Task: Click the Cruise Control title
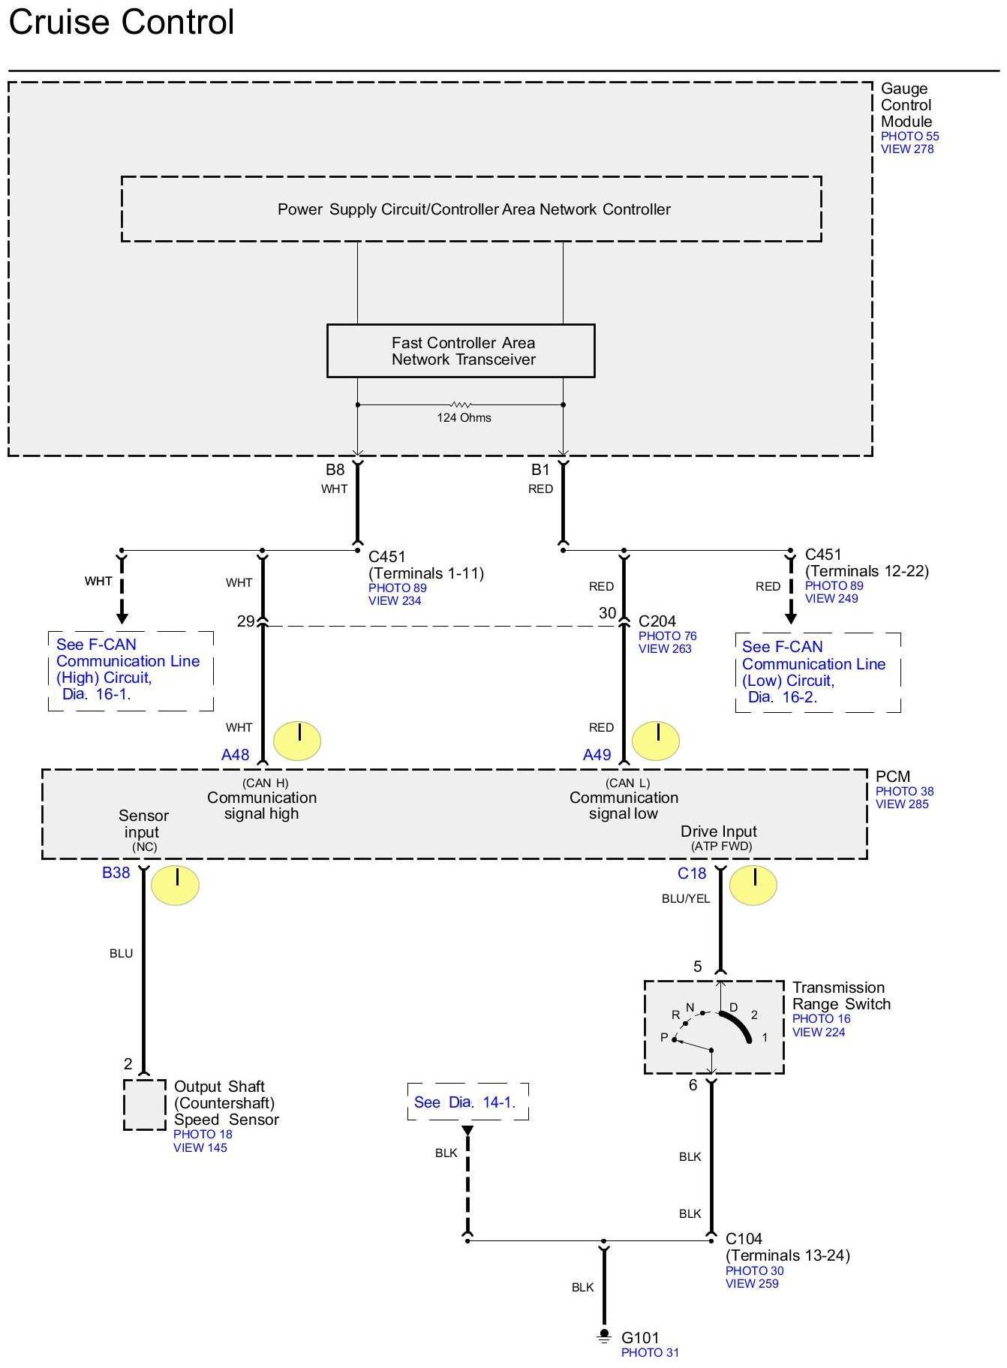tap(122, 22)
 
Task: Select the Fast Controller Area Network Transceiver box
tap(461, 350)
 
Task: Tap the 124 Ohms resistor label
tap(464, 417)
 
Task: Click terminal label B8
tap(335, 470)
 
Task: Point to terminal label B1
tap(540, 470)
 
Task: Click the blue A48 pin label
tap(235, 755)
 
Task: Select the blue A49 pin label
tap(597, 755)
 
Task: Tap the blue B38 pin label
tap(116, 873)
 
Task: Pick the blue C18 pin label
tap(692, 873)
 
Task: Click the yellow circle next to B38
tap(176, 885)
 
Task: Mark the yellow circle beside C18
tap(753, 885)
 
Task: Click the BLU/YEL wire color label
tap(686, 899)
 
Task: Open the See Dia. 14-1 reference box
tap(468, 1102)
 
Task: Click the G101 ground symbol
tap(604, 1336)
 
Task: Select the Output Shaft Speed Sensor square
tap(145, 1105)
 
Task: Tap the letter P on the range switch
tap(664, 1037)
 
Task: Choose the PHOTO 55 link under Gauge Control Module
tap(909, 137)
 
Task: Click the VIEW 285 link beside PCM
tap(902, 804)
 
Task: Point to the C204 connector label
tap(657, 621)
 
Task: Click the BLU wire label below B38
tap(121, 954)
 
